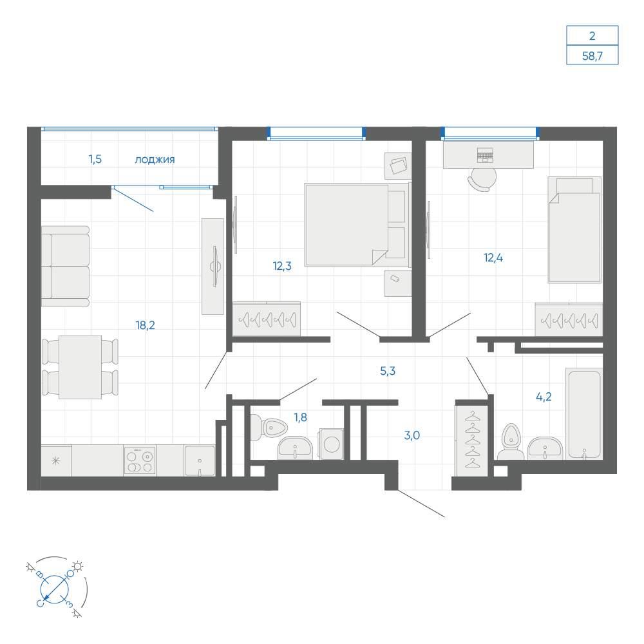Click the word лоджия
155,159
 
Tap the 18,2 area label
146,325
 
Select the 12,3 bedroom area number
282,266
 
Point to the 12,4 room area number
493,258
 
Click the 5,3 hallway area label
388,372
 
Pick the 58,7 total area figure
592,56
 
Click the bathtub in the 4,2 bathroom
583,413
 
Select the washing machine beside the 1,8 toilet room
332,444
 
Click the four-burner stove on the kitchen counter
140,460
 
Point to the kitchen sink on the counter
200,461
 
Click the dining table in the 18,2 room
80,367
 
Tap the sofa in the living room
65,266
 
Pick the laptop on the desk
485,155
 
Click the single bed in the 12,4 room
574,230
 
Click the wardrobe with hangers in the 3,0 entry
471,440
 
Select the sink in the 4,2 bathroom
545,448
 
